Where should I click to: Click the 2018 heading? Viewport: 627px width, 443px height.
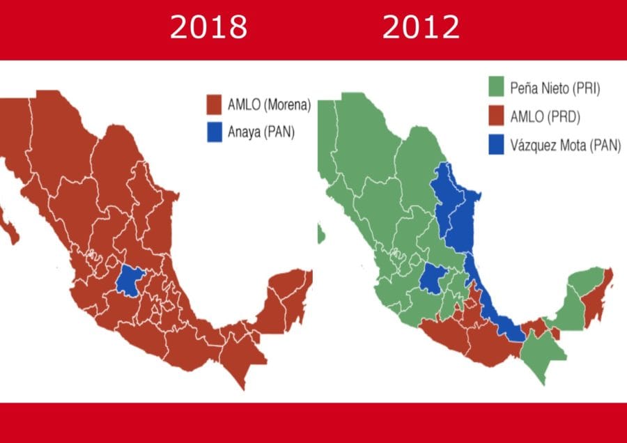point(209,28)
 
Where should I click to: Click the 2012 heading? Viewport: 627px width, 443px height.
point(421,28)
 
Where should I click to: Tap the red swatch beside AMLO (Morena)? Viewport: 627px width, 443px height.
point(214,105)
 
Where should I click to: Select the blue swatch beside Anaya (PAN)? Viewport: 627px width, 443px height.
point(214,132)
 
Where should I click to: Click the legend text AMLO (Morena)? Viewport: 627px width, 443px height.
point(269,106)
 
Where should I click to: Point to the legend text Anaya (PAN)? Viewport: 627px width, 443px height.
point(261,132)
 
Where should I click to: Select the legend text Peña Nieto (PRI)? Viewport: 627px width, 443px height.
point(554,89)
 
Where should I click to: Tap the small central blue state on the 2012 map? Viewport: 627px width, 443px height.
point(432,279)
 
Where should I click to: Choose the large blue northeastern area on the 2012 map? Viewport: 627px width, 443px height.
point(453,209)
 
